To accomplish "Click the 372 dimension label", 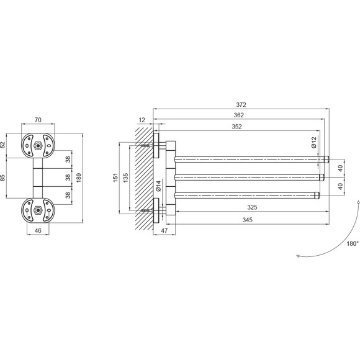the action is click(x=241, y=105).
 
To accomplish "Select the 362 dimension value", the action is click(x=239, y=115).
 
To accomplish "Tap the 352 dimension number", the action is click(x=236, y=127).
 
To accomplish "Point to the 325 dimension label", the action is click(x=252, y=207).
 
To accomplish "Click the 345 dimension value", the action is click(x=248, y=220).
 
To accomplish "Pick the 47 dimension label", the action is click(x=164, y=230).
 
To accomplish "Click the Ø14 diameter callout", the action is click(x=158, y=186).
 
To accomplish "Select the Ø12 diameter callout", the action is click(x=314, y=142).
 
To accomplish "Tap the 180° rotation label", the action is click(x=353, y=243).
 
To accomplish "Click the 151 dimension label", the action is click(x=115, y=178).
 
